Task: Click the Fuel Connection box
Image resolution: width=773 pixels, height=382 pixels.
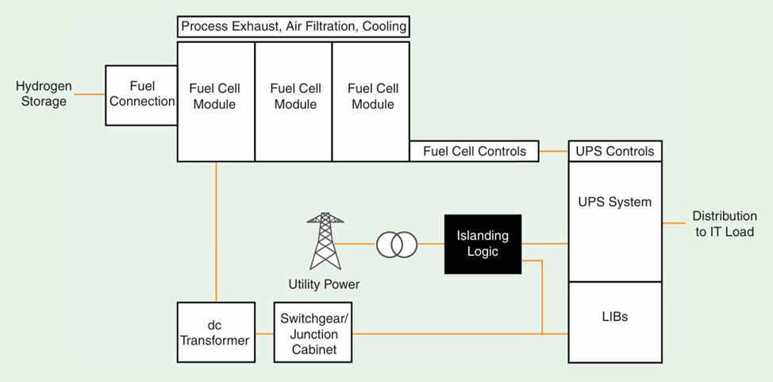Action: click(141, 95)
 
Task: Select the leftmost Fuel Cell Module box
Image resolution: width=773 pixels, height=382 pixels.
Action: click(215, 101)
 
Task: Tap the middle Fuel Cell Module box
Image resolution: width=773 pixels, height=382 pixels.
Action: click(293, 101)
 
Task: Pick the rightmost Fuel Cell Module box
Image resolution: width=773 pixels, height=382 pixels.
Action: click(371, 101)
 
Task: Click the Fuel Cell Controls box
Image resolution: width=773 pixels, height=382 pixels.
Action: click(474, 151)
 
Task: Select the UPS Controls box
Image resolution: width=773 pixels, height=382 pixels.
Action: click(614, 151)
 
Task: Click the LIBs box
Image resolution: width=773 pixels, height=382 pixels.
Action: click(614, 317)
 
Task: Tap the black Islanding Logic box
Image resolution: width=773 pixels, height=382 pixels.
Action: click(483, 244)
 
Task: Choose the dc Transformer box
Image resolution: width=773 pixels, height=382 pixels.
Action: click(215, 332)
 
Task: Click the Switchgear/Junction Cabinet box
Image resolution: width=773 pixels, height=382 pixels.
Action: click(312, 332)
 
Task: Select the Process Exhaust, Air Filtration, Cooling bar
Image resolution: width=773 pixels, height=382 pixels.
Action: click(294, 27)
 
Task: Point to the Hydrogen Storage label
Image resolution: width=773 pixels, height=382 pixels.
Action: click(44, 94)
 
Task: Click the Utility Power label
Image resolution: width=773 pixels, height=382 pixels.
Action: click(325, 284)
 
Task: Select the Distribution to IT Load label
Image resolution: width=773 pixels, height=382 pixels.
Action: click(722, 224)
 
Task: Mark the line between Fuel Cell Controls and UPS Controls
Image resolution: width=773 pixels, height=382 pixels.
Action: click(553, 151)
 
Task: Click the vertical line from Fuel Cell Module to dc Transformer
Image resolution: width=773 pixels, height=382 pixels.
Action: click(215, 230)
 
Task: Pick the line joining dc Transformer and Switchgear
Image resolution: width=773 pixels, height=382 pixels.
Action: click(264, 334)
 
